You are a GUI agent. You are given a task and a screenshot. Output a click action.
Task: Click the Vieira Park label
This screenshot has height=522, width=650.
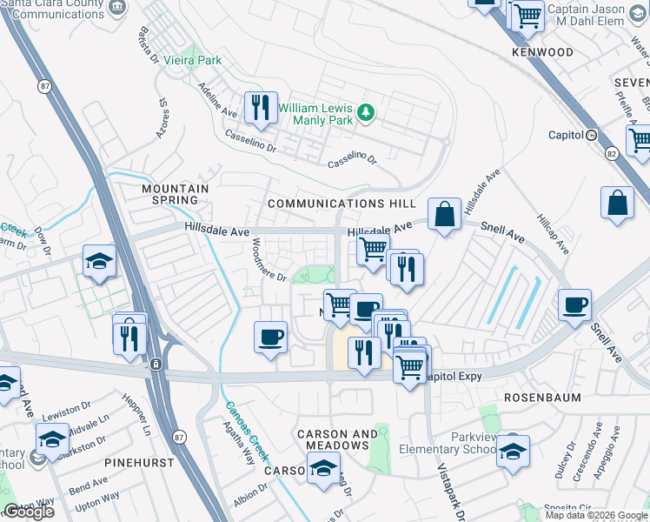196,60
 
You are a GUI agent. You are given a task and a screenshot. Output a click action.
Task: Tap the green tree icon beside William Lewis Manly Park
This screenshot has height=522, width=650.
367,111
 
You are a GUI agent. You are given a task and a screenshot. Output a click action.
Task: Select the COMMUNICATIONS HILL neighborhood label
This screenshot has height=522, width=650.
342,203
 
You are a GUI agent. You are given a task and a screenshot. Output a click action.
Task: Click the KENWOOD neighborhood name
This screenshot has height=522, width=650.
542,52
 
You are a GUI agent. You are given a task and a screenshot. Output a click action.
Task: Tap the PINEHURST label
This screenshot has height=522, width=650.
132,463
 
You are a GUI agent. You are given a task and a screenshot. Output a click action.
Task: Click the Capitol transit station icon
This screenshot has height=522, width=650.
592,135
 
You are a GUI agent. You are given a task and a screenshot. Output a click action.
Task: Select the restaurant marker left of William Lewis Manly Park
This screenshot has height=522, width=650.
259,108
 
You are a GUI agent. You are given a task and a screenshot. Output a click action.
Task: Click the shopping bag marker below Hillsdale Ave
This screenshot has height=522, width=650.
444,212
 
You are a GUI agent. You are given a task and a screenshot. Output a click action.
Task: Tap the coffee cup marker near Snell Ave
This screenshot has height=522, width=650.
574,305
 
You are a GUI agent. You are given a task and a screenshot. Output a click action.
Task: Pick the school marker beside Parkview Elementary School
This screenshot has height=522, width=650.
513,450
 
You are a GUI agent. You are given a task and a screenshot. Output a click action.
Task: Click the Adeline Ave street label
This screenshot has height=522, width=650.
218,101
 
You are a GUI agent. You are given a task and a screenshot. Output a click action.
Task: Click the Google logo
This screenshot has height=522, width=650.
29,512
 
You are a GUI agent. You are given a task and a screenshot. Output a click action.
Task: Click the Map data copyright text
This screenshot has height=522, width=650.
597,515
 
